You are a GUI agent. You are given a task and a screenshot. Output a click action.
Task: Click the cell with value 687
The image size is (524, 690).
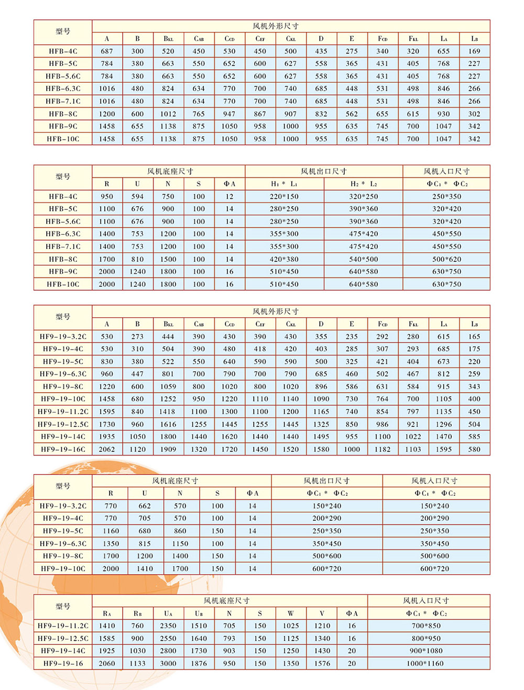[107, 51]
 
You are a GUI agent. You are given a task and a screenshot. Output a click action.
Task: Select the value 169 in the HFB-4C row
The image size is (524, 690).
[474, 51]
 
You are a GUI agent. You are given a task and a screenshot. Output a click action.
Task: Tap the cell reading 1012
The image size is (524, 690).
[168, 114]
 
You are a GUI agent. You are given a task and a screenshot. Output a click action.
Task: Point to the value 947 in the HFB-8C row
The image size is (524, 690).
[230, 114]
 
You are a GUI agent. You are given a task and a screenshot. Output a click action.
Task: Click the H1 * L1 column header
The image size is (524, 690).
[284, 184]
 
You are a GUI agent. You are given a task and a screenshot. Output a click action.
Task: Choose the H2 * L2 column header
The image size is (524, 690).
[363, 184]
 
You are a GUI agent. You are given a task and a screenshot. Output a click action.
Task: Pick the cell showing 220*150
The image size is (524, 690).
[284, 197]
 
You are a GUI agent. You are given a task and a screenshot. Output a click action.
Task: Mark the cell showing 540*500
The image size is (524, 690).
[363, 259]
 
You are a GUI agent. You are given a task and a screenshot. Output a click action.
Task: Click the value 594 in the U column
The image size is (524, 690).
[137, 197]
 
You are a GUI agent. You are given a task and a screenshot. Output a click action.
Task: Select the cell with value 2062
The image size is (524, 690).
[107, 449]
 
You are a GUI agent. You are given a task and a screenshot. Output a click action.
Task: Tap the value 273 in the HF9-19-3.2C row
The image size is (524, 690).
[137, 337]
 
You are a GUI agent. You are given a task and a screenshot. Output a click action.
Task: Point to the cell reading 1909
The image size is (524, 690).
[168, 449]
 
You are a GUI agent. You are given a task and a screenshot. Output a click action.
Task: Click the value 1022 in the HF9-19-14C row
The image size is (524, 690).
[413, 437]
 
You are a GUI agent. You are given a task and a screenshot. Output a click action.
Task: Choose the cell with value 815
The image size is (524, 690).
[145, 544]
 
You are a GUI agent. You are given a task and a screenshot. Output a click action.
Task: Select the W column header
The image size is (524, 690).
[291, 613]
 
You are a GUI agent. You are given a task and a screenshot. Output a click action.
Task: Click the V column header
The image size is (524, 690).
[322, 613]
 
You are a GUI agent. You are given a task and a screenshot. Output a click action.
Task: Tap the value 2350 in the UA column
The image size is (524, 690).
[168, 626]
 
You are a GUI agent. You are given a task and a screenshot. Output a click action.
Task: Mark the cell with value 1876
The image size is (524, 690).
[199, 664]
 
